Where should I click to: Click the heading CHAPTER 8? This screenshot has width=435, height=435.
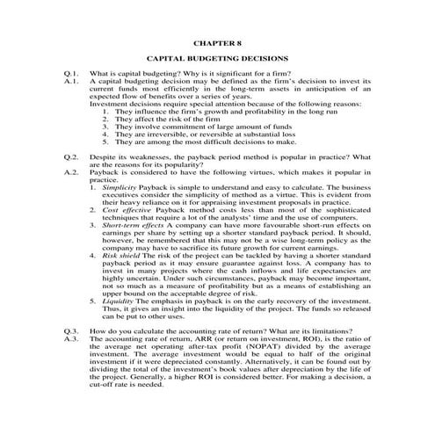click(217, 41)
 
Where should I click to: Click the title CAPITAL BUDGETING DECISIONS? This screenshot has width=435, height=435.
click(217, 58)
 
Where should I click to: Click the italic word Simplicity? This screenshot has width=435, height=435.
click(119, 187)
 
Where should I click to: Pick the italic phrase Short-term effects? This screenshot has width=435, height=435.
click(133, 226)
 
